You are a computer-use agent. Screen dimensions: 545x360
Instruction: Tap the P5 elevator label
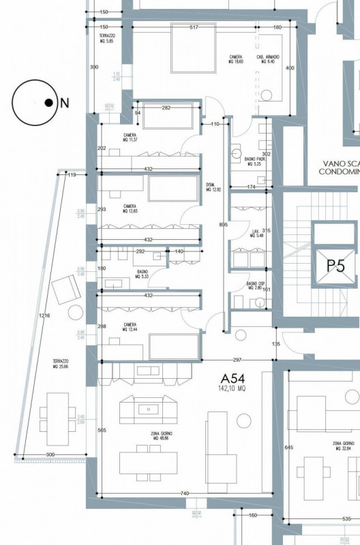[x=335, y=265]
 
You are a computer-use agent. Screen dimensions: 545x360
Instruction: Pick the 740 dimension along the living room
[x=184, y=493]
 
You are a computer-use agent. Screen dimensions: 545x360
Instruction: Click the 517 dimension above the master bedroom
[x=194, y=27]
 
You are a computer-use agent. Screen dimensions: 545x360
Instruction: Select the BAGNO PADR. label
[x=254, y=161]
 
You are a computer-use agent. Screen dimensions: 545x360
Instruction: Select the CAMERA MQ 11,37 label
[x=130, y=138]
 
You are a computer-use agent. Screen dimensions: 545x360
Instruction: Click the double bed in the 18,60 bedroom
[x=194, y=49]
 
